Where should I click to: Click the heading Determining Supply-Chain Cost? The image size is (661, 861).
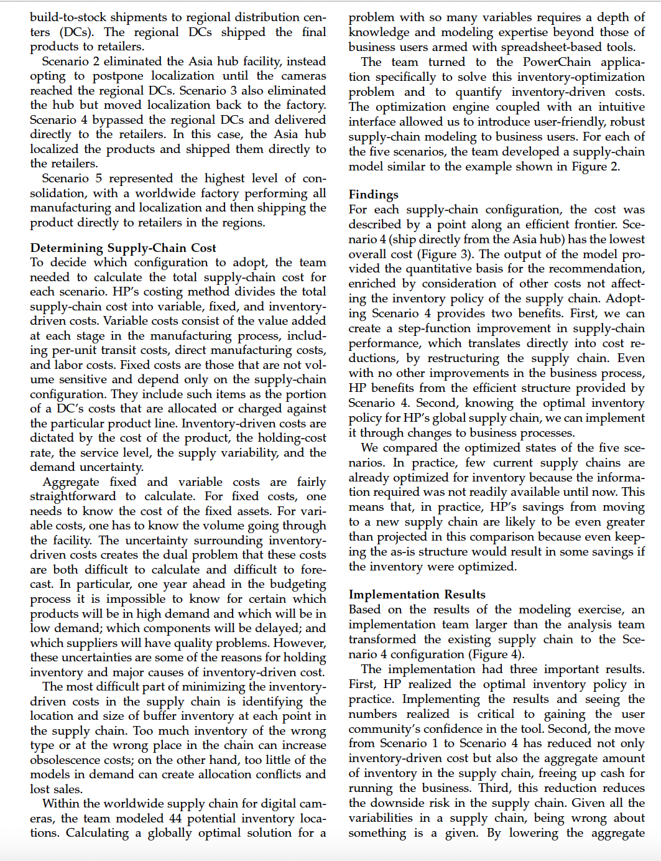point(123,248)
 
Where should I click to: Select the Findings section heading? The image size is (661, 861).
point(373,195)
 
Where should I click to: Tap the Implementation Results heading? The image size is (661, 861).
point(417,594)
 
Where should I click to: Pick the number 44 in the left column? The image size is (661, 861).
point(174,818)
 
